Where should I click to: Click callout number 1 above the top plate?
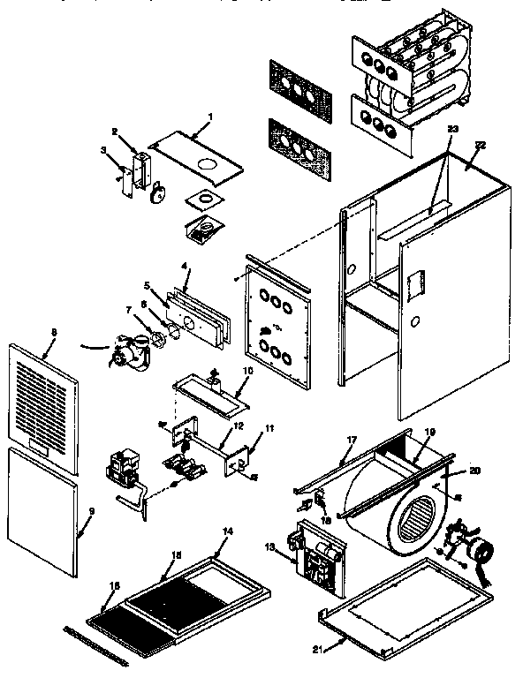click(210, 117)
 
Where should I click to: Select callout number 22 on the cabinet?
click(481, 144)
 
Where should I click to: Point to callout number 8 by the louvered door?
click(54, 332)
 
